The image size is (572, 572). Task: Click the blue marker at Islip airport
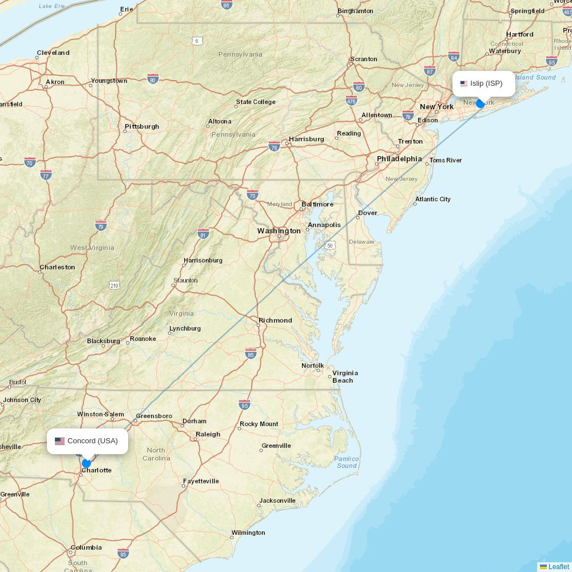pyautogui.click(x=480, y=104)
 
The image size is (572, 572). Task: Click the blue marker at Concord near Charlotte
pyautogui.click(x=86, y=463)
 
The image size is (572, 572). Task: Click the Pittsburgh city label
pyautogui.click(x=142, y=126)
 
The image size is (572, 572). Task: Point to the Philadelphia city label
pyautogui.click(x=399, y=158)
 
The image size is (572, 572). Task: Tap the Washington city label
pyautogui.click(x=279, y=231)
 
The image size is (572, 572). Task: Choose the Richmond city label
pyautogui.click(x=275, y=320)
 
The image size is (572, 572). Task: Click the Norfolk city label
pyautogui.click(x=313, y=366)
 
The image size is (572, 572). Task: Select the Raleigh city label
pyautogui.click(x=208, y=434)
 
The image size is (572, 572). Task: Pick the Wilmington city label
pyautogui.click(x=248, y=533)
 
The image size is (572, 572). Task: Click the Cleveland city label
pyautogui.click(x=53, y=53)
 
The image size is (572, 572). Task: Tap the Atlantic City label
pyautogui.click(x=433, y=199)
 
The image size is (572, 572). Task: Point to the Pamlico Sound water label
pyautogui.click(x=347, y=462)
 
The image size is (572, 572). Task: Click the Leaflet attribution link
pyautogui.click(x=558, y=567)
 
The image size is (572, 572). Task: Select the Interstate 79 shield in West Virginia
pyautogui.click(x=101, y=225)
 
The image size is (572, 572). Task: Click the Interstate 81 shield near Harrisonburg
pyautogui.click(x=202, y=234)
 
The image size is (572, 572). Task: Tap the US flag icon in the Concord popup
pyautogui.click(x=59, y=441)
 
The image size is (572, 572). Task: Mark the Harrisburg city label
pyautogui.click(x=307, y=139)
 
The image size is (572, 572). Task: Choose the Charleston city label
pyautogui.click(x=57, y=267)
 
